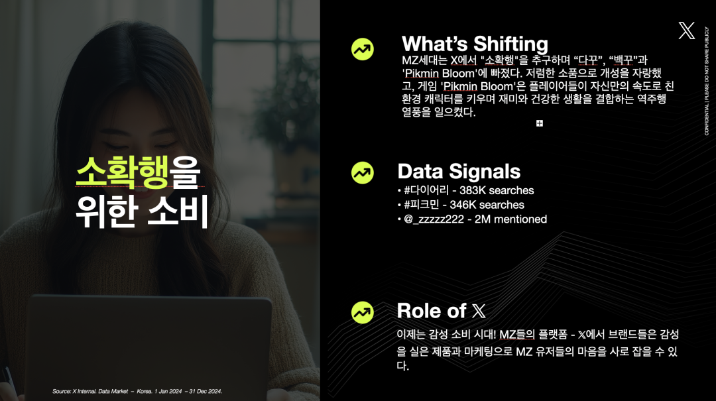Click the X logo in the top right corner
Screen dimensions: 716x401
pyautogui.click(x=686, y=30)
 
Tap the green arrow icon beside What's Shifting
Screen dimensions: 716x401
pyautogui.click(x=363, y=49)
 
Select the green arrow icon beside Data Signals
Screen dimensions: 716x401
pyautogui.click(x=363, y=172)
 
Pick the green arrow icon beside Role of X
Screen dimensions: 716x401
pyautogui.click(x=363, y=312)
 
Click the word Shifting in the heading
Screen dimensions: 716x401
pyautogui.click(x=510, y=44)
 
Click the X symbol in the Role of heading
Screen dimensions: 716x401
pyautogui.click(x=479, y=311)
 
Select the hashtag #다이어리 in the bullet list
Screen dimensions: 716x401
pyautogui.click(x=426, y=190)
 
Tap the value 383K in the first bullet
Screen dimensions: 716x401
pyautogui.click(x=473, y=190)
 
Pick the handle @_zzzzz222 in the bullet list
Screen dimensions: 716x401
pyautogui.click(x=434, y=219)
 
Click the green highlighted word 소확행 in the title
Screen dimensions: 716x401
pyautogui.click(x=123, y=172)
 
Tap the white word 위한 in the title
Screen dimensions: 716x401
pyautogui.click(x=106, y=211)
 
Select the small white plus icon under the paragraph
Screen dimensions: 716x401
pyautogui.click(x=539, y=123)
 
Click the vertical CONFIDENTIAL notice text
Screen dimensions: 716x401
pyautogui.click(x=707, y=81)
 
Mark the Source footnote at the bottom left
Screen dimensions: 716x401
pyautogui.click(x=137, y=392)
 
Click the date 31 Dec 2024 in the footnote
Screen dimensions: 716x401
pyautogui.click(x=206, y=392)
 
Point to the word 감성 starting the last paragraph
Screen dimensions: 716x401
pyautogui.click(x=438, y=334)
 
